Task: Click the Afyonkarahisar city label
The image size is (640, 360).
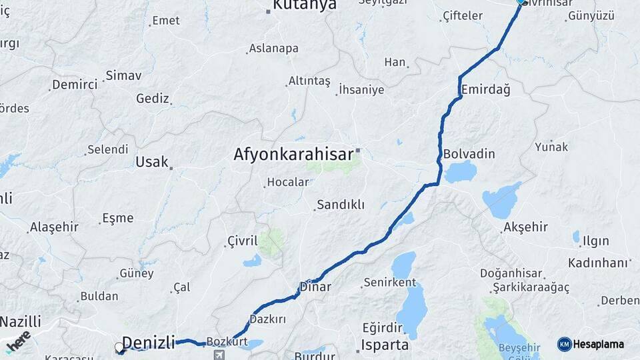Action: (293, 155)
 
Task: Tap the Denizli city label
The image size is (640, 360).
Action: (148, 343)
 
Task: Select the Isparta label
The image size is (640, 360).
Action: (384, 345)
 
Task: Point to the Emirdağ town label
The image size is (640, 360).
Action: (485, 89)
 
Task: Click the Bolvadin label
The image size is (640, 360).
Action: (469, 154)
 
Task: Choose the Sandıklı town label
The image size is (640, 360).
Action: (340, 205)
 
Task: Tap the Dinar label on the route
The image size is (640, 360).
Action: (315, 287)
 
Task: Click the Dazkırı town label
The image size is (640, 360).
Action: (267, 319)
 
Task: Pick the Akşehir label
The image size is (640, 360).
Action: (526, 227)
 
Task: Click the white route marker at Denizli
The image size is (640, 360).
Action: (119, 347)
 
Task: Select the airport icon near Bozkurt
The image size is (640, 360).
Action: (221, 354)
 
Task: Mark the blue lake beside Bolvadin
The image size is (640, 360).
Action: (460, 172)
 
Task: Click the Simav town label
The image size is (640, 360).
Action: (123, 75)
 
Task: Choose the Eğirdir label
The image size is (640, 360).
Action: (383, 327)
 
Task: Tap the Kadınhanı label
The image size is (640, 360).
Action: (599, 263)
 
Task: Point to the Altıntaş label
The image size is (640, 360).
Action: (309, 81)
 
